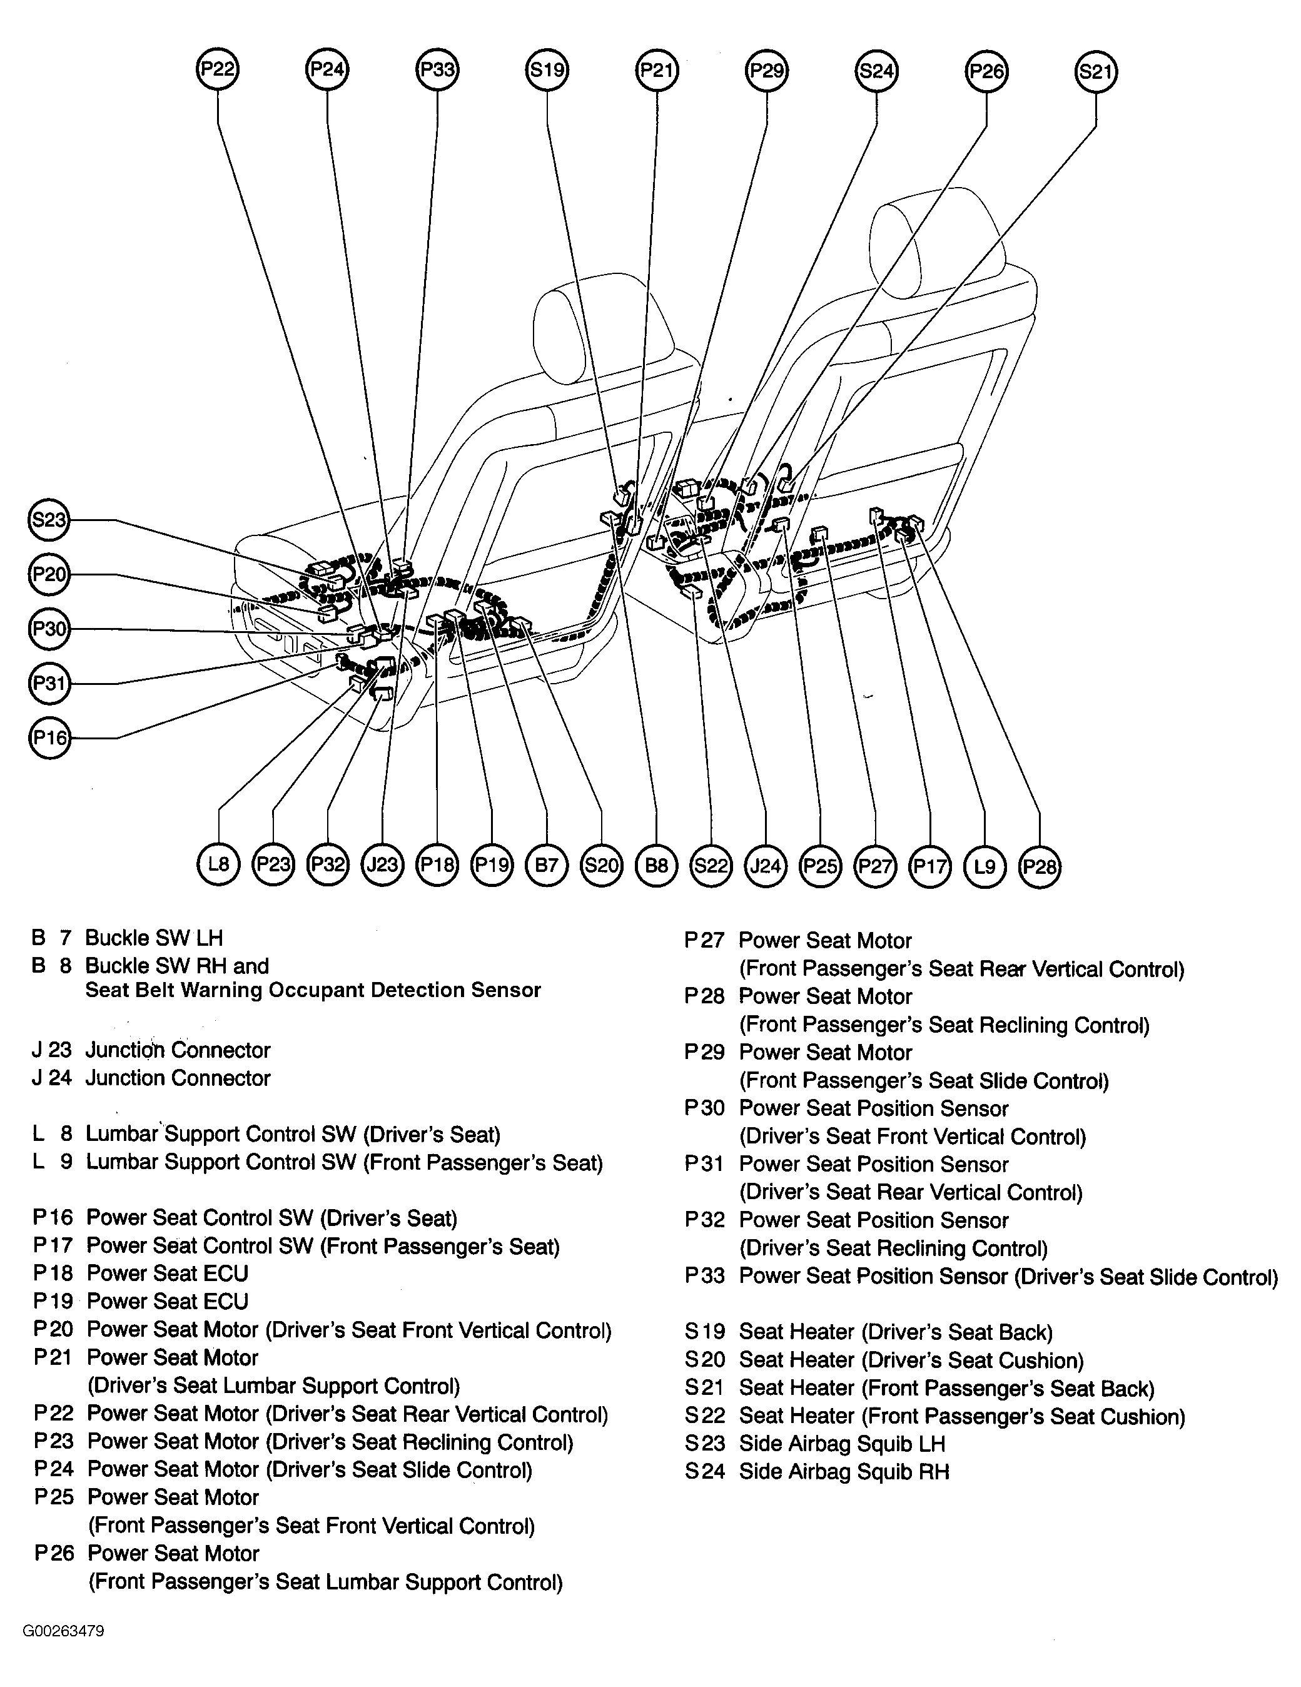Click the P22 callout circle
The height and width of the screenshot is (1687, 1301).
(x=217, y=69)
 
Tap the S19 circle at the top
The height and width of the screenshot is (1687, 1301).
(x=547, y=70)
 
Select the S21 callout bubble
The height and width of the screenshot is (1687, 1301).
(x=1095, y=72)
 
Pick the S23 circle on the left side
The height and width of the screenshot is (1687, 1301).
(x=49, y=520)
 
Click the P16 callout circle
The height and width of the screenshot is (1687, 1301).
(x=49, y=737)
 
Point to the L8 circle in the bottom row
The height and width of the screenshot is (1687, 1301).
(x=219, y=864)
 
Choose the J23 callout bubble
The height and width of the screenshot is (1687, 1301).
(x=382, y=864)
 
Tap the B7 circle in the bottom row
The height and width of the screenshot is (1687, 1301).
(x=546, y=864)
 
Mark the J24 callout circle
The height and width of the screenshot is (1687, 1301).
(x=766, y=866)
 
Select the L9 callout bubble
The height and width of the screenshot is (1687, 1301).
(x=985, y=866)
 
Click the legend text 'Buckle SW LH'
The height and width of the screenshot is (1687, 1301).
(x=154, y=938)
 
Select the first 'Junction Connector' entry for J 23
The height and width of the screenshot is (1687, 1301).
(x=178, y=1050)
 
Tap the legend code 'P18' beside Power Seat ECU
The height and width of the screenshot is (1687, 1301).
(x=53, y=1273)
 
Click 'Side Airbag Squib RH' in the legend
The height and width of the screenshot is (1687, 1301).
(x=844, y=1471)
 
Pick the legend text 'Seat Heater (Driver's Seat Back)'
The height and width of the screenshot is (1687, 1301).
(x=896, y=1332)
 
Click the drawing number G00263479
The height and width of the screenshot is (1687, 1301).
(x=63, y=1631)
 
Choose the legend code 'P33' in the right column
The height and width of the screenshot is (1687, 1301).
(x=704, y=1276)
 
